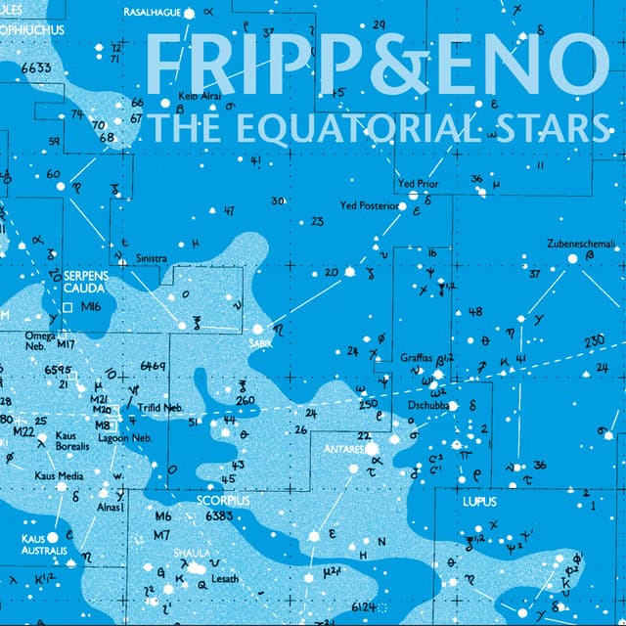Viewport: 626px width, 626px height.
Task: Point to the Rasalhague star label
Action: click(x=153, y=12)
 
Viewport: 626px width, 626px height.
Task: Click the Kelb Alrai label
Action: click(x=201, y=96)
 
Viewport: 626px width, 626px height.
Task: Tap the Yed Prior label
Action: click(x=418, y=184)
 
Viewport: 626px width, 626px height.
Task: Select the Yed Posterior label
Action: click(x=368, y=206)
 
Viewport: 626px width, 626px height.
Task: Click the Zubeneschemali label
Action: click(x=581, y=243)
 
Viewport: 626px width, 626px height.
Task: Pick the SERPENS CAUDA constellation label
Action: click(x=86, y=284)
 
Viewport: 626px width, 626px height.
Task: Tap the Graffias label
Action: click(x=417, y=358)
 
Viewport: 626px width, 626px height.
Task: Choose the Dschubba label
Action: click(x=428, y=403)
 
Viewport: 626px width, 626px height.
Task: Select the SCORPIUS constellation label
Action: click(x=223, y=500)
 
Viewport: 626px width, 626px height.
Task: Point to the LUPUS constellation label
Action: click(x=479, y=502)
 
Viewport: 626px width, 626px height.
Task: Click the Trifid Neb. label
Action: click(x=159, y=407)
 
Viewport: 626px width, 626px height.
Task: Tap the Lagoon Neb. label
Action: click(x=121, y=438)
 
